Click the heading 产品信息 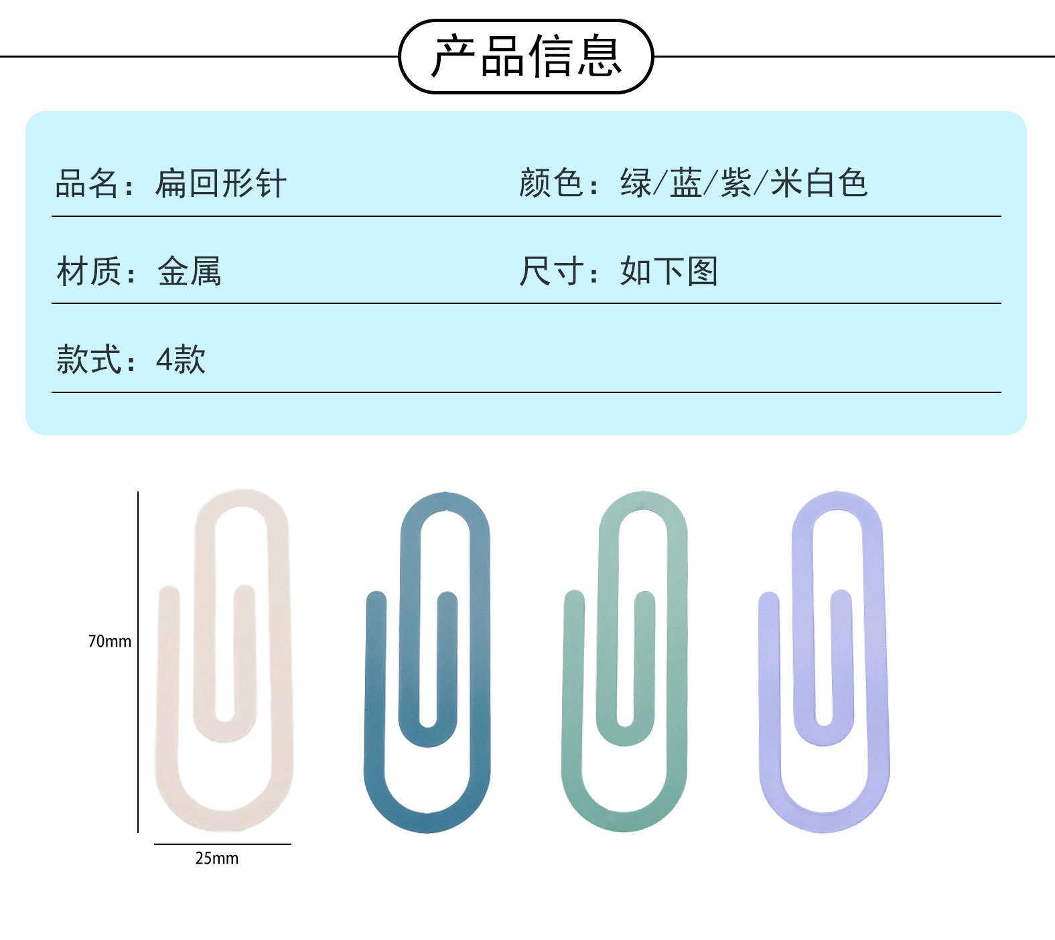click(526, 56)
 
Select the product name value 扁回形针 click(220, 183)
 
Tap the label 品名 click(86, 183)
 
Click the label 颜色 click(551, 183)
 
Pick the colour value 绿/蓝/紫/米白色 click(744, 183)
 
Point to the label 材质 click(88, 271)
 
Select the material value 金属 click(189, 271)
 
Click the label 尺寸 click(551, 271)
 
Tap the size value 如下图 click(669, 271)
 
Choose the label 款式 click(88, 359)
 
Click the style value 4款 click(181, 359)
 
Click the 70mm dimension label click(110, 641)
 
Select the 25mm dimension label click(216, 858)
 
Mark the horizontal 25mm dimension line click(222, 844)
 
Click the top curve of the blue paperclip click(445, 502)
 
